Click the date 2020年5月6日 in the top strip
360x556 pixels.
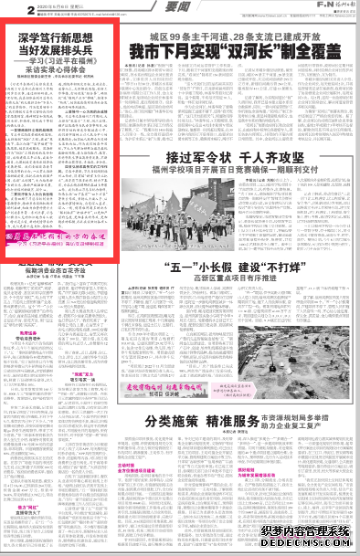32,6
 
